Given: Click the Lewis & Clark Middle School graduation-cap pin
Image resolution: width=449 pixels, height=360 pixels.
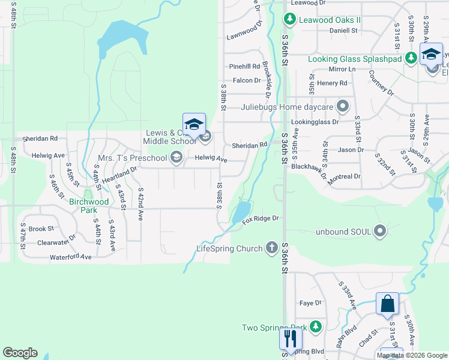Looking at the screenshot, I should (194, 124).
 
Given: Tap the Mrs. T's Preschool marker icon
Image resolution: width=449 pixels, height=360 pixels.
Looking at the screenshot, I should (176, 158).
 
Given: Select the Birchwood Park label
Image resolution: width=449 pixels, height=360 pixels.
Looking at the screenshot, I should (88, 206).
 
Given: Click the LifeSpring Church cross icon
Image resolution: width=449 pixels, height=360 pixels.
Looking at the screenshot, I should (272, 248).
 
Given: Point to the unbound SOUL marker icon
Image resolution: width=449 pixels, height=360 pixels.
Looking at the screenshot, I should (379, 231).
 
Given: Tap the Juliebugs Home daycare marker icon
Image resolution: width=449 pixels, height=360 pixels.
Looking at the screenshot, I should (343, 107).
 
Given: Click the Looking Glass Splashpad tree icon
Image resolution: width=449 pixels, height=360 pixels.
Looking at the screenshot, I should (411, 58).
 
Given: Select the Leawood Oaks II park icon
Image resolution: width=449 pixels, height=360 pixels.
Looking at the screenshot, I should (290, 20).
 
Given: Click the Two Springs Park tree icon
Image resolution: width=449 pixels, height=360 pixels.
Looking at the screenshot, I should (316, 327).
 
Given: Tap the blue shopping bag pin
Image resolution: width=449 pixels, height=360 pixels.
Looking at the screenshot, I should (387, 304).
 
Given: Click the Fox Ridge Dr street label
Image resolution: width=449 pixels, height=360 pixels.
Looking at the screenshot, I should (261, 219).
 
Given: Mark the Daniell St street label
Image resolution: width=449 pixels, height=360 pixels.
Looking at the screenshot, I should (343, 29).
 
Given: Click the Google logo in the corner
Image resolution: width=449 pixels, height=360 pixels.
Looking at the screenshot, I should (20, 353).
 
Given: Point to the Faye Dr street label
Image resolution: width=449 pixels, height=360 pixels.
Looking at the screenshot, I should (310, 303).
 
